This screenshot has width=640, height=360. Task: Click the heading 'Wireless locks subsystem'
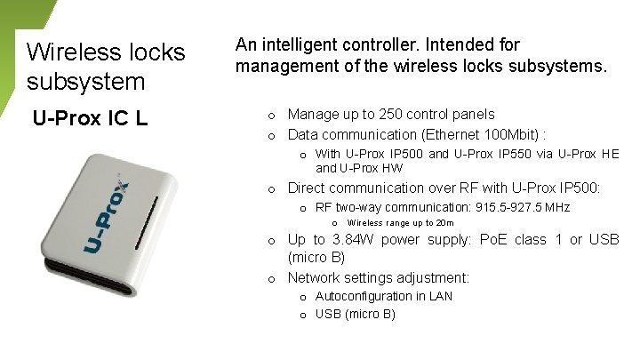pyautogui.click(x=106, y=67)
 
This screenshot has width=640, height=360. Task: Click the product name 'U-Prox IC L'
pyautogui.click(x=90, y=117)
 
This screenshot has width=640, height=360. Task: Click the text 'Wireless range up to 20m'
pyautogui.click(x=400, y=223)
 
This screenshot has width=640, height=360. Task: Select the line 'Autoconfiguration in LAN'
pyautogui.click(x=384, y=296)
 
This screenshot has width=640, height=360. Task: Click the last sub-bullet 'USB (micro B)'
pyautogui.click(x=356, y=314)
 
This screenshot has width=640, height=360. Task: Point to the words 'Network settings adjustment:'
pyautogui.click(x=379, y=277)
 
